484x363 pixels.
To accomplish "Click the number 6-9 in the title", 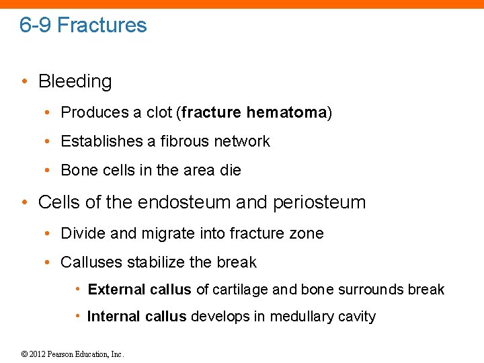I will tap(36, 26).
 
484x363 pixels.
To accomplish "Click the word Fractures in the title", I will tap(102, 26).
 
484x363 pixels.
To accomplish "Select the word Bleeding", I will tap(75, 81).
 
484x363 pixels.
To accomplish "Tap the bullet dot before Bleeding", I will tap(24, 81).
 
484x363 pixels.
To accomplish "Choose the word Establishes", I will tap(98, 141).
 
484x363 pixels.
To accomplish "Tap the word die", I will tap(230, 171).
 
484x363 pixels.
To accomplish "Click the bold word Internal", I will tap(114, 317).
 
